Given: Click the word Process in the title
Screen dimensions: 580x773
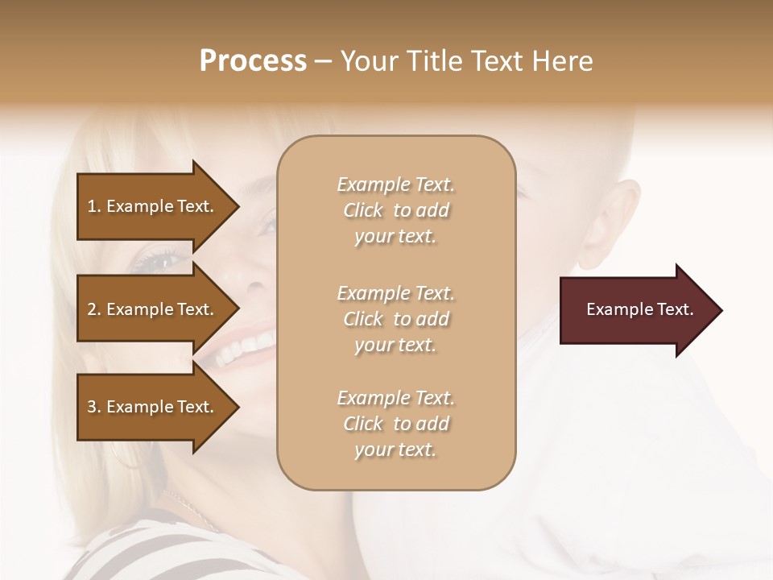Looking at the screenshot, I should click(253, 61).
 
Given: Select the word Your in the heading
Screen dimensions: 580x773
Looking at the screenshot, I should click(370, 61).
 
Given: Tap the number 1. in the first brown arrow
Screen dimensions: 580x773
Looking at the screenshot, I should click(94, 206).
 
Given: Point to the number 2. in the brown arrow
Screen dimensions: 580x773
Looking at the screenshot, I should click(94, 309).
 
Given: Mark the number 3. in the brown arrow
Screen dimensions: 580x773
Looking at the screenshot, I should click(94, 407).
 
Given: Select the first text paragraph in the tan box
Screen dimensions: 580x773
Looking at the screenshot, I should click(395, 210).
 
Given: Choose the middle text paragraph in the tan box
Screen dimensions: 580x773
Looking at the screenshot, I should click(395, 319).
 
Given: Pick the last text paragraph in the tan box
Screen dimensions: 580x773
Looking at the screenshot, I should click(395, 424).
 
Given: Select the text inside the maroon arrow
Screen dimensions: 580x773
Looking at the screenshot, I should click(639, 309).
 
